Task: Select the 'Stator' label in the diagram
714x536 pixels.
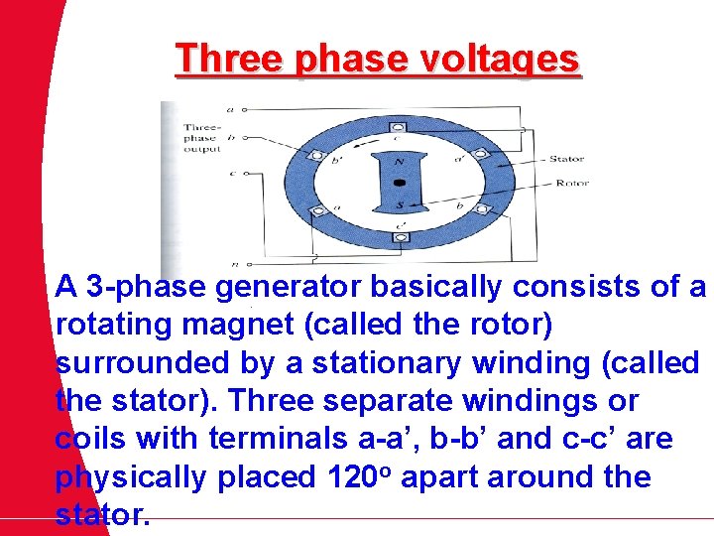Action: pyautogui.click(x=566, y=159)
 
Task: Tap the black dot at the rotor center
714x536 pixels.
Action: pyautogui.click(x=399, y=183)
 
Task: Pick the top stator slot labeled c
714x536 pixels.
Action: pyautogui.click(x=398, y=127)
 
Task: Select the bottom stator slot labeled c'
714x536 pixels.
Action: pyautogui.click(x=398, y=238)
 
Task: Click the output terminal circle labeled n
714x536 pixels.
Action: pyautogui.click(x=248, y=264)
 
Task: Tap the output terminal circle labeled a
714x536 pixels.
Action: pyautogui.click(x=248, y=109)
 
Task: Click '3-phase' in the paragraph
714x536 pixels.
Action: pyautogui.click(x=147, y=288)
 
